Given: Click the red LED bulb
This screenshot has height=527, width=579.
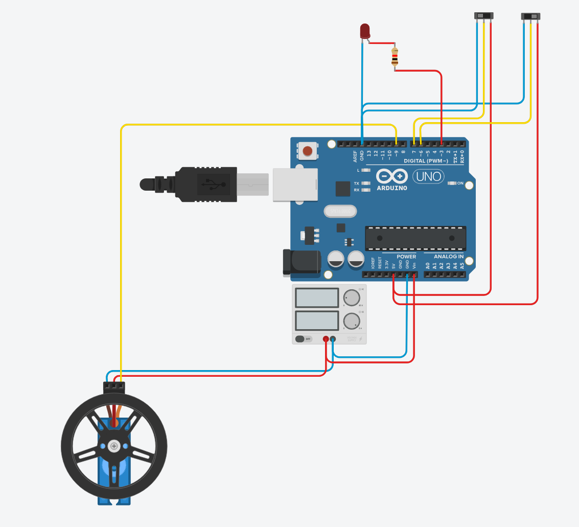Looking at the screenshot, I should [365, 31].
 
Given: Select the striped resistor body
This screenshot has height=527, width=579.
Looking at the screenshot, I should [395, 57].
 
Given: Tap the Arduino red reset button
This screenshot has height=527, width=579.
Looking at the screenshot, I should [307, 151].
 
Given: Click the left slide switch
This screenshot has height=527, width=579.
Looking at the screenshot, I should [484, 16].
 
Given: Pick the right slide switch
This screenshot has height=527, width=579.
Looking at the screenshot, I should [530, 16].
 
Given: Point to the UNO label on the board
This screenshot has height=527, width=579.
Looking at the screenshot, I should [429, 177].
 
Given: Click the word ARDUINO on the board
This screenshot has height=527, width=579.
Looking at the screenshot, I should [392, 188].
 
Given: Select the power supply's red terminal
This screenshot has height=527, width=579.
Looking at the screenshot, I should [326, 338].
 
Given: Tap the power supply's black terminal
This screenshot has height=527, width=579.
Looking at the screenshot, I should [333, 338].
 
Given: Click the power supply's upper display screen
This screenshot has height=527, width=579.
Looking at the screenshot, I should [317, 297].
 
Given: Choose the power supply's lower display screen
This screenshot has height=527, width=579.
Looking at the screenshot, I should [317, 320].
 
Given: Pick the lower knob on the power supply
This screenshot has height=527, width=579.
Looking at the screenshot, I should [352, 321].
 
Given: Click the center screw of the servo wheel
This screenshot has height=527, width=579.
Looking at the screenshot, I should [113, 446].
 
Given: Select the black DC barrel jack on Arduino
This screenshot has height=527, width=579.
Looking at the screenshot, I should [301, 263].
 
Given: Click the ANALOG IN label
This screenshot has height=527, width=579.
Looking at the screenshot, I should [448, 257].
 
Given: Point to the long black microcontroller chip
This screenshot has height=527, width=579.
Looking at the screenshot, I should [415, 239].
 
